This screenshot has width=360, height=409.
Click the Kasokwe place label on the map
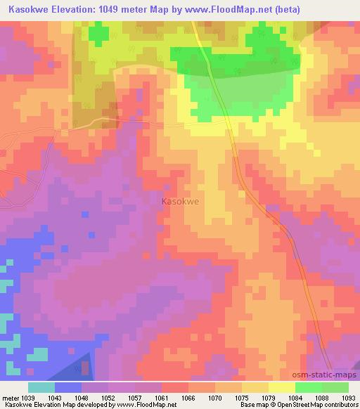click(180, 201)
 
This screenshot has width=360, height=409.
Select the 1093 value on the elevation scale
click(349, 398)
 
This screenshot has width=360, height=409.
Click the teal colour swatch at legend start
click(41, 387)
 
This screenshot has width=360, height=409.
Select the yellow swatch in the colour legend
click(282, 387)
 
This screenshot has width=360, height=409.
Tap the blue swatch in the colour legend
click(68, 387)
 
